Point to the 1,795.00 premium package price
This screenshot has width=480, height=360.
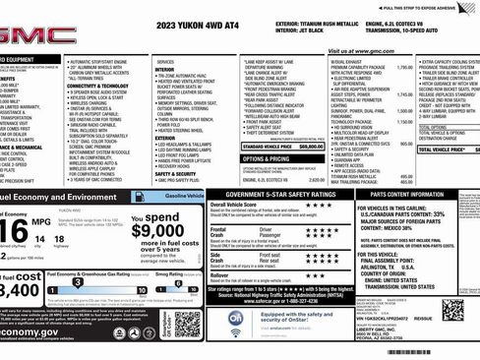point(376,69)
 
